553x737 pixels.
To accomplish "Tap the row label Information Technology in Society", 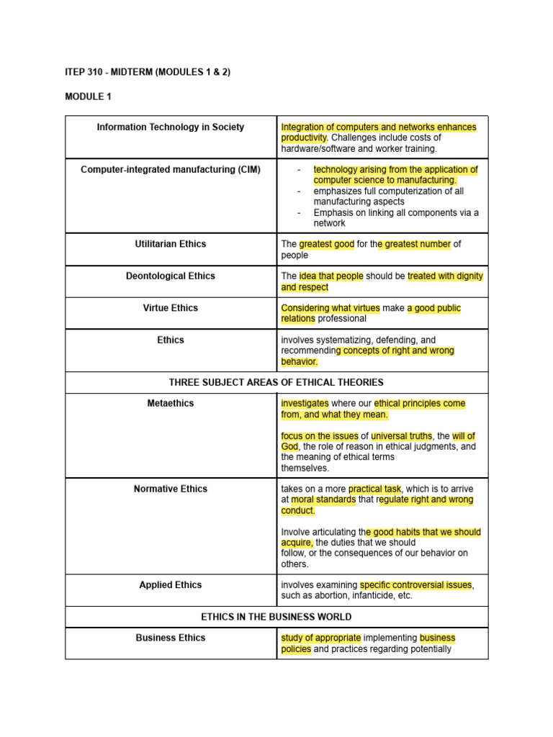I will pyautogui.click(x=171, y=127).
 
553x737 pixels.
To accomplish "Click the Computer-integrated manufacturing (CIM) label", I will pyautogui.click(x=171, y=170).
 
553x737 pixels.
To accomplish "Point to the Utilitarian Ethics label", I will pyautogui.click(x=171, y=244).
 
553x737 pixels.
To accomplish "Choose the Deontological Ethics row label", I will pyautogui.click(x=171, y=276).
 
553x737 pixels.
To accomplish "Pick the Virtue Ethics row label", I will pyautogui.click(x=171, y=308).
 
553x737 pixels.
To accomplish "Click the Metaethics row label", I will pyautogui.click(x=171, y=404).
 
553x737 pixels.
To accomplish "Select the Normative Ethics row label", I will pyautogui.click(x=171, y=489).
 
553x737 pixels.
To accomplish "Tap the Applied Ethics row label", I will pyautogui.click(x=171, y=585).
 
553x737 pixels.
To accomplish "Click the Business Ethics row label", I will pyautogui.click(x=171, y=638).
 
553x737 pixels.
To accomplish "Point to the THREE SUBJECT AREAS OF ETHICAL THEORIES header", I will pyautogui.click(x=276, y=382).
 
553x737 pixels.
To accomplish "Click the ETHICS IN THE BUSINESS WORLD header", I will pyautogui.click(x=276, y=617).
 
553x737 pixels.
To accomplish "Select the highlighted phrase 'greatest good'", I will pyautogui.click(x=326, y=245).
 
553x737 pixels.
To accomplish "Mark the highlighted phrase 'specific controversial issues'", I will pyautogui.click(x=416, y=585).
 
